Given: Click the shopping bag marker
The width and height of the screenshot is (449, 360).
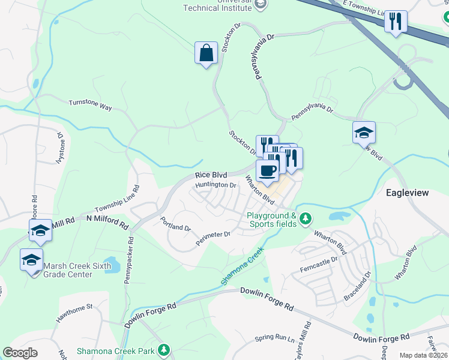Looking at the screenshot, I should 206,53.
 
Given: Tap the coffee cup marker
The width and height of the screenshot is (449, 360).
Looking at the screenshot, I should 268,170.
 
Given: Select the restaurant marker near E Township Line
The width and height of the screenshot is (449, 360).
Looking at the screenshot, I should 396,22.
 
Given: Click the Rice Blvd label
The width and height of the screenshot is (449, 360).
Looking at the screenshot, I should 211,175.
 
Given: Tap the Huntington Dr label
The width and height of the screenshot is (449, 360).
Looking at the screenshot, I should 216,185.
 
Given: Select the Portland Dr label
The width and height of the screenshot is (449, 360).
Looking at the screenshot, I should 175,225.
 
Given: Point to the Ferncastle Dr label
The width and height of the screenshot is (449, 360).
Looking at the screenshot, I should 318,265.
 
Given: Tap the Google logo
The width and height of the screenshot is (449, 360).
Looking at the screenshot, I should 20,353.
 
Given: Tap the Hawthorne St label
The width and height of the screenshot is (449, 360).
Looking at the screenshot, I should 74,314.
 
